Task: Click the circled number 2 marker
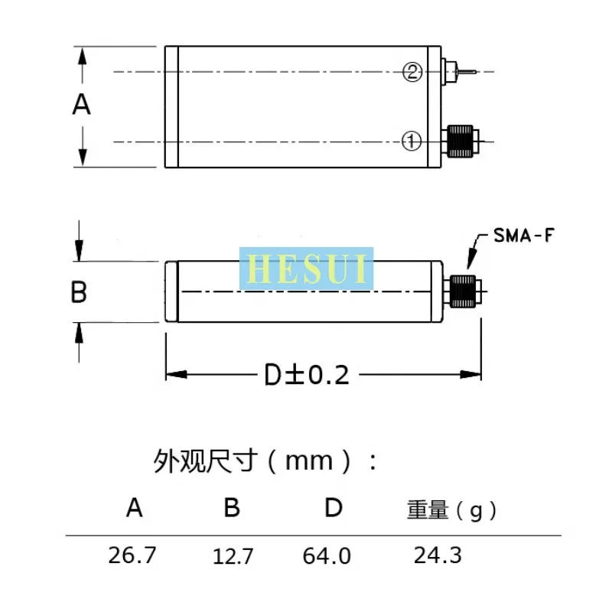(x=413, y=73)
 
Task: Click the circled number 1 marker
(x=413, y=141)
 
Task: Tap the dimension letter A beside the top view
(x=82, y=104)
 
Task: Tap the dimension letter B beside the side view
(x=79, y=291)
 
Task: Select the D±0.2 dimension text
(x=307, y=375)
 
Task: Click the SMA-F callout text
(x=522, y=236)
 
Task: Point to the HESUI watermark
(x=307, y=269)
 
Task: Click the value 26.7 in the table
(x=132, y=555)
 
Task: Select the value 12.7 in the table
(x=233, y=556)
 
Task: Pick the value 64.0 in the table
(x=327, y=556)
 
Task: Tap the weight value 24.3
(x=438, y=555)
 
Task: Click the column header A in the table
(x=135, y=508)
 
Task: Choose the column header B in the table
(x=232, y=508)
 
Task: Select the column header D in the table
(x=333, y=508)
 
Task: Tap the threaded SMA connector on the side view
(x=464, y=291)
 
